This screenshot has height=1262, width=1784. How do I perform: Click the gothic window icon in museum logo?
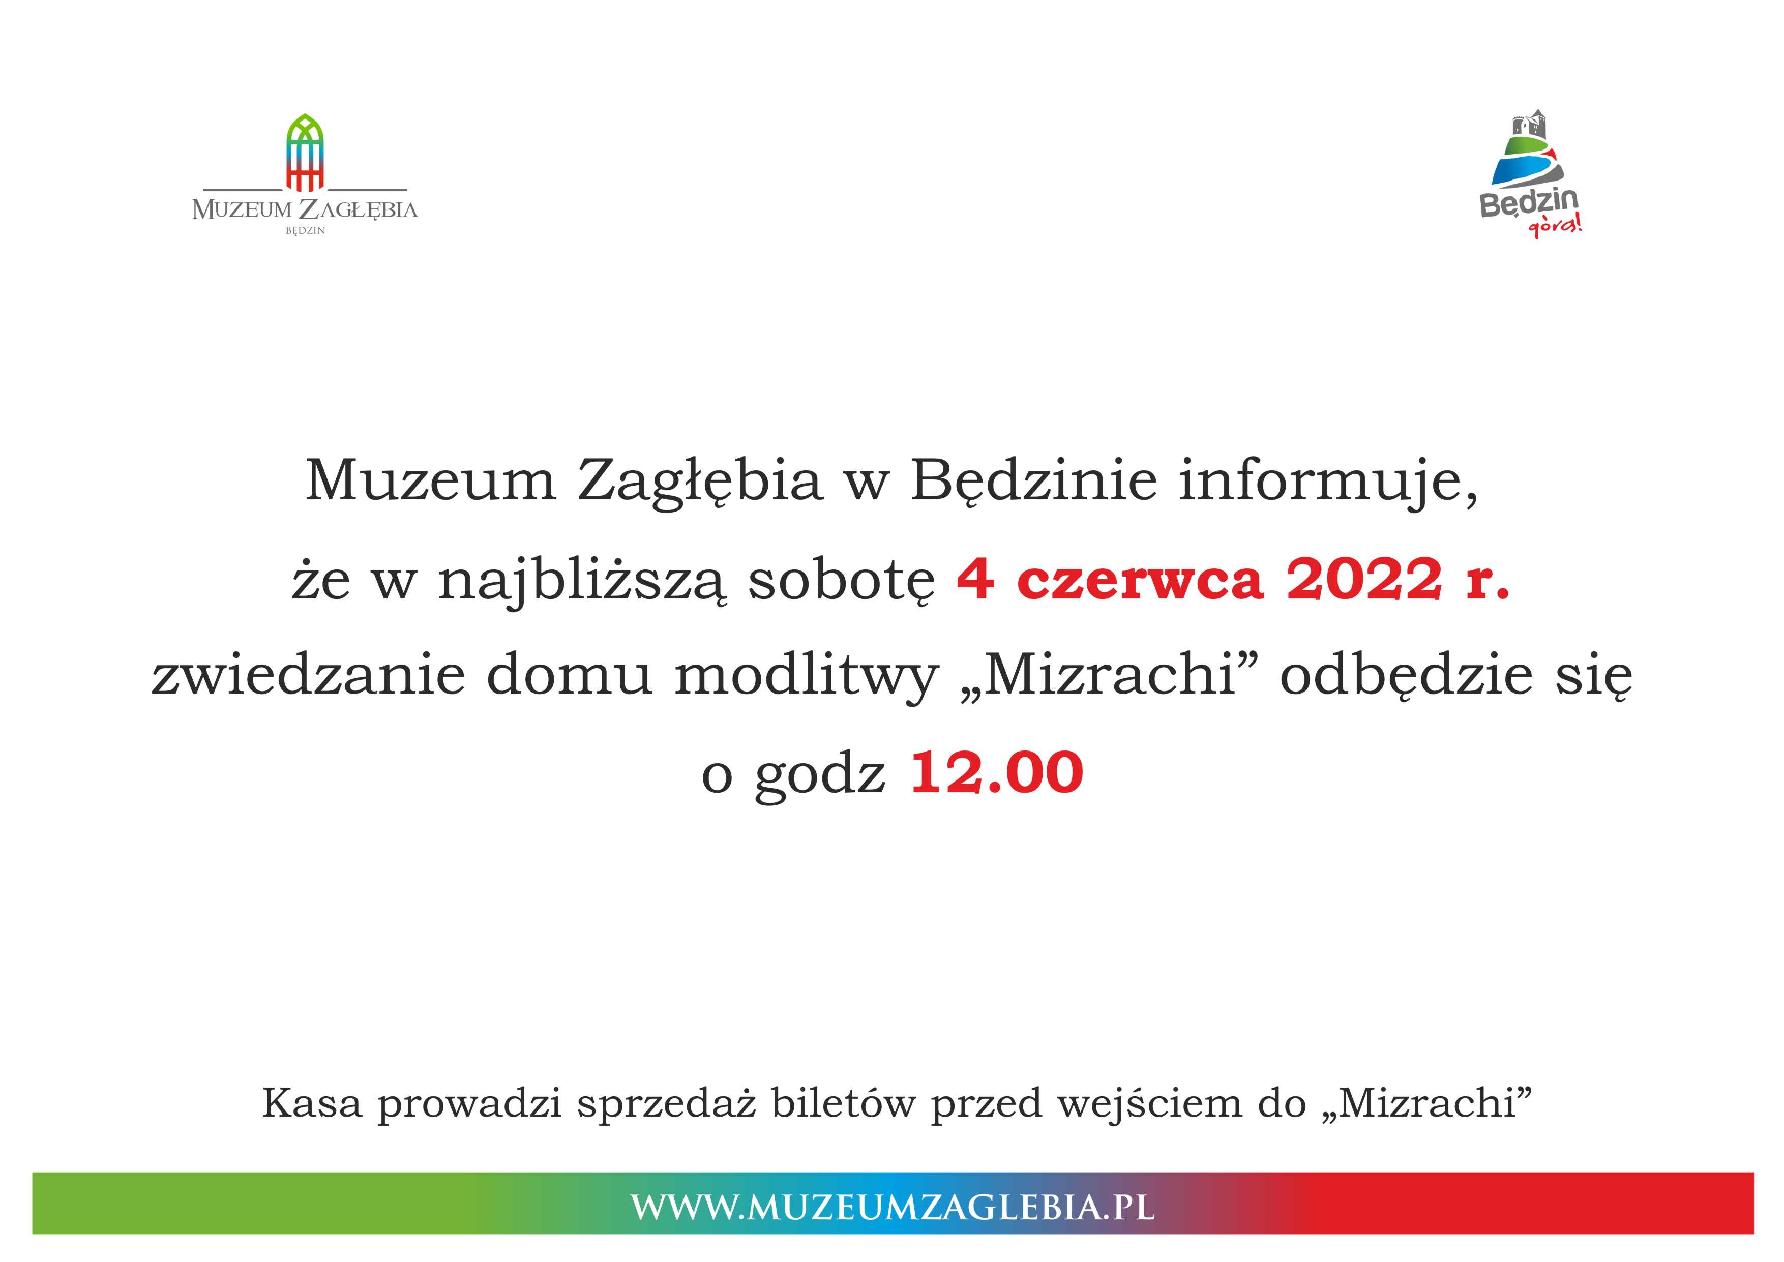coord(305,153)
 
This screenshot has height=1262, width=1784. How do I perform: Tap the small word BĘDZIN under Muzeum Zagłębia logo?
coord(305,231)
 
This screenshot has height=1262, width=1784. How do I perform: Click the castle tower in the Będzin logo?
coord(1528,127)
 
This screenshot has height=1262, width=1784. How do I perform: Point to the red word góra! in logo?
coord(1555,226)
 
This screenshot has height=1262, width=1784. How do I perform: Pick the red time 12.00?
coord(996,772)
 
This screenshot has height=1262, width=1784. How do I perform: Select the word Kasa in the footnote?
coord(312,1103)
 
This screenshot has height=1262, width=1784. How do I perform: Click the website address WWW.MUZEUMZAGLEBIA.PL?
coord(892,1207)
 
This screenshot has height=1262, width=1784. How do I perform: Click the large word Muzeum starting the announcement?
coord(431,481)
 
